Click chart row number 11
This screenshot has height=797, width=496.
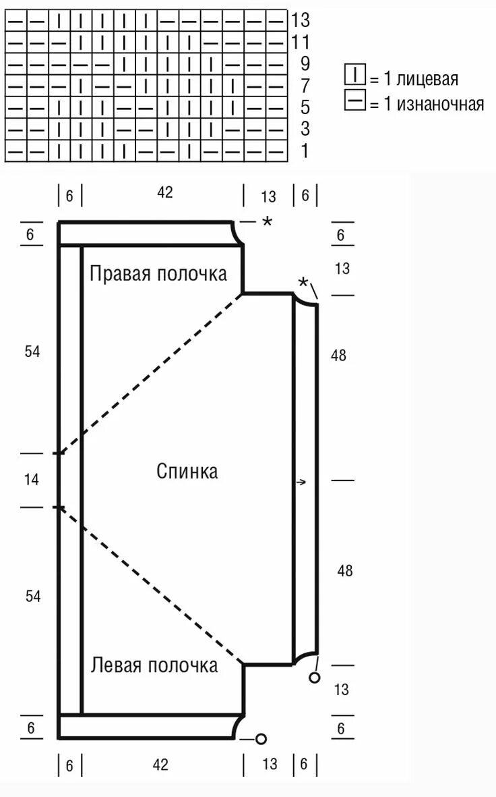click(x=301, y=43)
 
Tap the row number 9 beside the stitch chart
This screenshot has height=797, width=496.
click(x=305, y=64)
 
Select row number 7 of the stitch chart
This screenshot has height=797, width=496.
click(x=305, y=86)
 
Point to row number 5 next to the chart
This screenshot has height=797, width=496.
click(x=305, y=107)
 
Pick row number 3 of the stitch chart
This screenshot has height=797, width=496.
click(x=305, y=129)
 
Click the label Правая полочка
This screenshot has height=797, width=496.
click(x=158, y=274)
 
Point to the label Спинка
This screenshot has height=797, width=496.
click(x=187, y=471)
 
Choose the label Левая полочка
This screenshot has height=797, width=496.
click(x=154, y=665)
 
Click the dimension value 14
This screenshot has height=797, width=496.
click(x=32, y=480)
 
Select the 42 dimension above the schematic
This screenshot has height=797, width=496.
click(x=165, y=192)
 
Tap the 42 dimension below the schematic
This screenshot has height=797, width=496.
click(x=160, y=765)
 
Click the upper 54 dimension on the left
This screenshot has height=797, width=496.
click(x=32, y=352)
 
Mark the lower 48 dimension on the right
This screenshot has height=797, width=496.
click(x=345, y=571)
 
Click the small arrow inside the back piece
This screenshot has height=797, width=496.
click(x=301, y=482)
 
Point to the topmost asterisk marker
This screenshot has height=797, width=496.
click(x=268, y=221)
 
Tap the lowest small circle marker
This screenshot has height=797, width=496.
click(x=261, y=738)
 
